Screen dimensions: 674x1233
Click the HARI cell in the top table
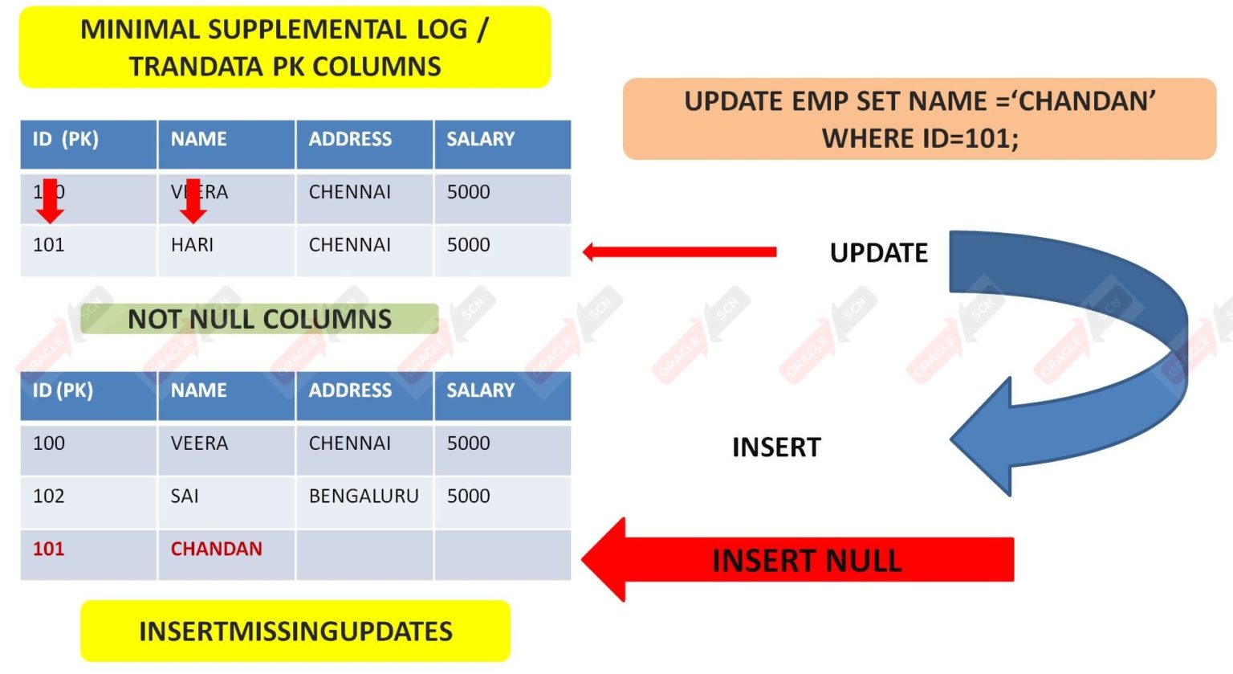(x=193, y=245)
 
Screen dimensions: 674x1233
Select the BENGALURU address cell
(x=364, y=496)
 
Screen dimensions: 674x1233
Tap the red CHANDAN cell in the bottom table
(x=216, y=549)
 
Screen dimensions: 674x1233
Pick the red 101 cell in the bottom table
(x=48, y=549)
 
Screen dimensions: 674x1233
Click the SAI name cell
(x=185, y=496)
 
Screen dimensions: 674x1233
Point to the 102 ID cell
(x=48, y=496)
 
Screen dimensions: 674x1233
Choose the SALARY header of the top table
(x=480, y=140)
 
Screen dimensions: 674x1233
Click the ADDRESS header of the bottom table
(x=350, y=390)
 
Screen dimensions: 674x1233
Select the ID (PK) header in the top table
(x=65, y=140)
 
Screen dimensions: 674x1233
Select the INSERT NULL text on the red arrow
(x=807, y=561)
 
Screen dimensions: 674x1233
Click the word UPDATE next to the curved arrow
(x=878, y=253)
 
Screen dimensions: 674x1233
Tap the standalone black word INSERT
(x=776, y=447)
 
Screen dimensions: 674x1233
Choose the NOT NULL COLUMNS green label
(x=259, y=319)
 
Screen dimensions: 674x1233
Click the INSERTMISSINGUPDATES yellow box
(x=295, y=631)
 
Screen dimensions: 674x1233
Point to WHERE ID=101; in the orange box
(x=920, y=138)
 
